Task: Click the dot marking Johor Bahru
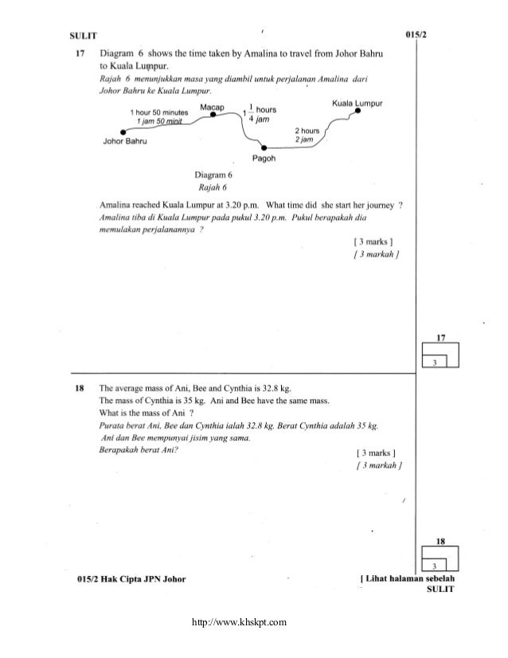coord(121,133)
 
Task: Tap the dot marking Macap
coord(213,116)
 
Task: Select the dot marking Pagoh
coord(265,147)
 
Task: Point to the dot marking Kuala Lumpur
coord(358,112)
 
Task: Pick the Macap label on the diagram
coord(213,106)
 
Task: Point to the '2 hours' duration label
coord(307,130)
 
